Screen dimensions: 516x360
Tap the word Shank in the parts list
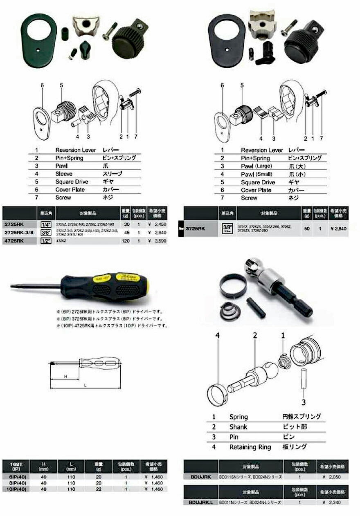[238, 426]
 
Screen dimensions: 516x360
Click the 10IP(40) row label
[14, 489]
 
